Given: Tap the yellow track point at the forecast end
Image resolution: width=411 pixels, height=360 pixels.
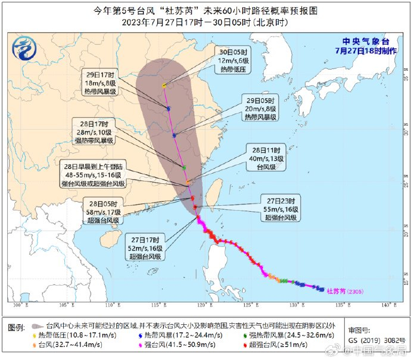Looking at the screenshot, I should click(x=164, y=86).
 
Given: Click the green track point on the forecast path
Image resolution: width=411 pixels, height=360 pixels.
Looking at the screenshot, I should click(x=184, y=167).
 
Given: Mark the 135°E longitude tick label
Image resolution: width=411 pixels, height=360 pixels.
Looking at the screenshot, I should click(x=341, y=306).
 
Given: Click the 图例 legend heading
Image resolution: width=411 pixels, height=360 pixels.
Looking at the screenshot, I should click(x=17, y=328).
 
